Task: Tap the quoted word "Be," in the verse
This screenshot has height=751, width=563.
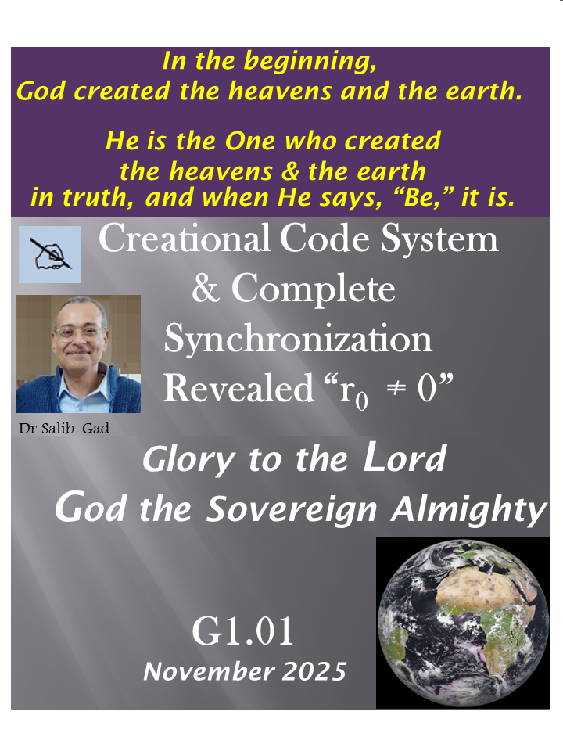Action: (x=421, y=198)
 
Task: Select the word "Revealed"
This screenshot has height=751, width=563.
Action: (x=238, y=389)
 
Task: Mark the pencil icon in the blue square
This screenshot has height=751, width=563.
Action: (x=48, y=254)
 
